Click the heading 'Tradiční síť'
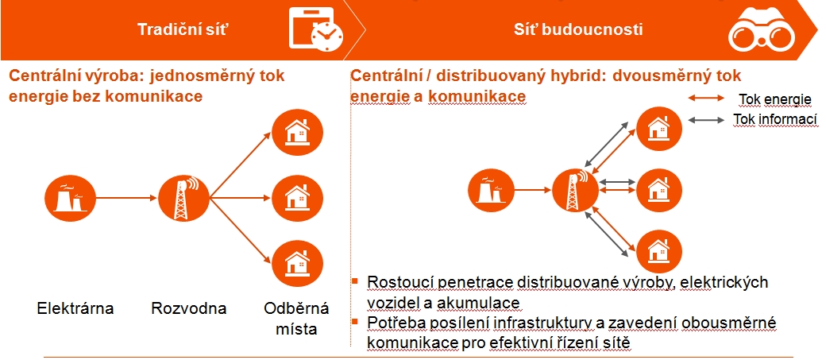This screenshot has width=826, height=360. click(x=183, y=29)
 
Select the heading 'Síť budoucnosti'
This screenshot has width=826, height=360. click(x=578, y=29)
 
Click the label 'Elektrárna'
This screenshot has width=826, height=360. click(x=75, y=308)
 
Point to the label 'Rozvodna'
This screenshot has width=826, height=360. click(x=188, y=308)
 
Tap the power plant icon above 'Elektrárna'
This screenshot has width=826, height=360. click(x=70, y=198)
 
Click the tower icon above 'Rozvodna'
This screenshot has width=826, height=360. click(x=183, y=198)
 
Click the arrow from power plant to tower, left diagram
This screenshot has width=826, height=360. click(x=127, y=198)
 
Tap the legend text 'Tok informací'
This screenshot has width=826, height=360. click(x=775, y=120)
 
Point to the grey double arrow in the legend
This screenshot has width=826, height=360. click(x=706, y=120)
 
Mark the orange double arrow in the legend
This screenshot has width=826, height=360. click(x=706, y=98)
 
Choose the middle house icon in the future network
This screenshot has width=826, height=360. click(x=659, y=188)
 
